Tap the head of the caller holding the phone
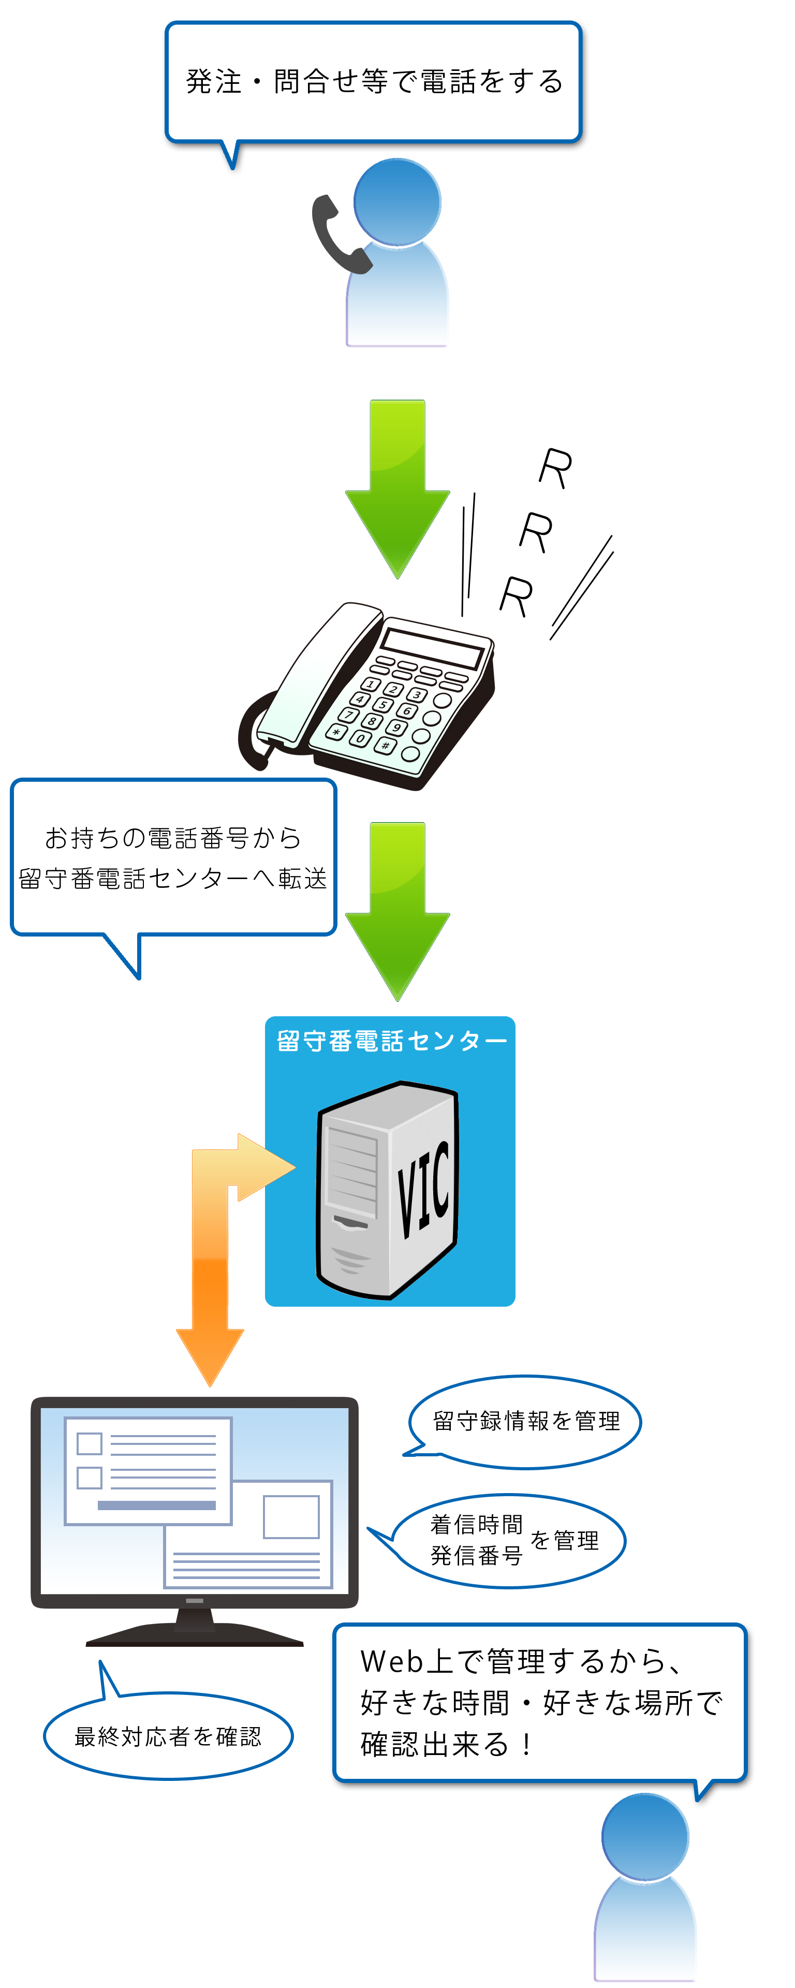coord(397,202)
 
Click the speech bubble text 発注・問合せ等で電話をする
coord(374,82)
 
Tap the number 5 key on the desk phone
coord(383,705)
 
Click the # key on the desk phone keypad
coord(385,745)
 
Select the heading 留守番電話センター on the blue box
coord(391,1041)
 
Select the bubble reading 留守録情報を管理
coord(526,1421)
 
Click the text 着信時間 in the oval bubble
coord(476,1524)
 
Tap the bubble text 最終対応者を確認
coord(168,1736)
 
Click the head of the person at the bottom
coord(645,1837)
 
